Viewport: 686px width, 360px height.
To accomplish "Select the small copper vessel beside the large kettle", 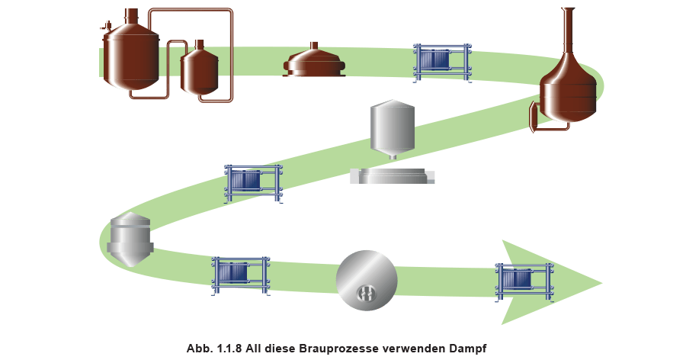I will click(x=199, y=70).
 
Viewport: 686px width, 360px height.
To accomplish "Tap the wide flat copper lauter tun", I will click(x=314, y=63).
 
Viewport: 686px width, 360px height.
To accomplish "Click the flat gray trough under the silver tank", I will click(x=393, y=177).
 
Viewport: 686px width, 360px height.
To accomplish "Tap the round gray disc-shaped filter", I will click(x=367, y=280).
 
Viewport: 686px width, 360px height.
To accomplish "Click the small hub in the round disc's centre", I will click(x=367, y=291).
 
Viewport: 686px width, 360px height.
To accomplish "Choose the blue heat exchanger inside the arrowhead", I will click(x=524, y=280).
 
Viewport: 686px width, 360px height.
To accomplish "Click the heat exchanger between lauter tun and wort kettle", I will click(x=441, y=61).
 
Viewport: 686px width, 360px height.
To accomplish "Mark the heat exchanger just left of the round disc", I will click(x=240, y=275).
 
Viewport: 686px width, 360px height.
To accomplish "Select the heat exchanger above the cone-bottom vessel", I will click(x=252, y=182).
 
